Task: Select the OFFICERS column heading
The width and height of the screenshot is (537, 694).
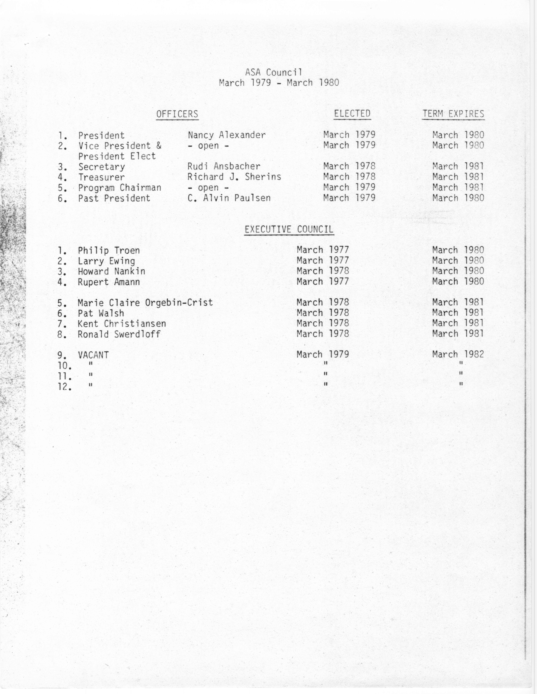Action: tap(177, 114)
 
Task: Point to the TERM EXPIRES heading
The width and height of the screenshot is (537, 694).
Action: tap(453, 114)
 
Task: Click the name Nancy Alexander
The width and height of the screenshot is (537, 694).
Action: tap(226, 135)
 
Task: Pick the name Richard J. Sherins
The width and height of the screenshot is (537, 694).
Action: tap(234, 177)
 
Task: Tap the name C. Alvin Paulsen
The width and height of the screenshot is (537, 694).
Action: tap(229, 198)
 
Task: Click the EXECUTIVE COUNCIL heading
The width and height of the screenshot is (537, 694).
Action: tap(289, 229)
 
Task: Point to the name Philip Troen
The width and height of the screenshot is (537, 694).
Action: tap(109, 250)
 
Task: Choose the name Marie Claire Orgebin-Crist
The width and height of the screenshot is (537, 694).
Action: tap(145, 303)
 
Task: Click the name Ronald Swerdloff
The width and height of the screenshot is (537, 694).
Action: tap(119, 334)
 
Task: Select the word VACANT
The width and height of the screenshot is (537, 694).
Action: tap(93, 355)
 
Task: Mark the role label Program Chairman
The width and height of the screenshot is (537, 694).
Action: tap(120, 187)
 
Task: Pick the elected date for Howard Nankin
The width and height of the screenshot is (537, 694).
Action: tap(323, 271)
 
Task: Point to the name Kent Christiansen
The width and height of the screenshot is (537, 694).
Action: tap(122, 323)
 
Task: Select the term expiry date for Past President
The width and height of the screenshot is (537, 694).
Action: tap(458, 198)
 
